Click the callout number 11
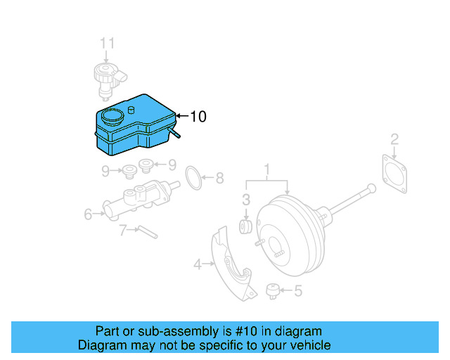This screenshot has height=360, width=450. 106,44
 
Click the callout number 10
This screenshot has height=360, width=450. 198,117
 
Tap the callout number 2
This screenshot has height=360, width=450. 394,139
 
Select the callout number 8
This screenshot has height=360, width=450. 219,178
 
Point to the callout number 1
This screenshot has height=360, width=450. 267,169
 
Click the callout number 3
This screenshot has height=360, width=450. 246,200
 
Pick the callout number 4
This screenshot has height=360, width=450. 198,264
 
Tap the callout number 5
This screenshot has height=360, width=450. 297,289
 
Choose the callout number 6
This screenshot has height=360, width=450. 89,214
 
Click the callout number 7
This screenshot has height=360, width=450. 122,229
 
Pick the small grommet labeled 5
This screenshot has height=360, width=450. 274,290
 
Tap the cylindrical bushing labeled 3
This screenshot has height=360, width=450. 246,226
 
